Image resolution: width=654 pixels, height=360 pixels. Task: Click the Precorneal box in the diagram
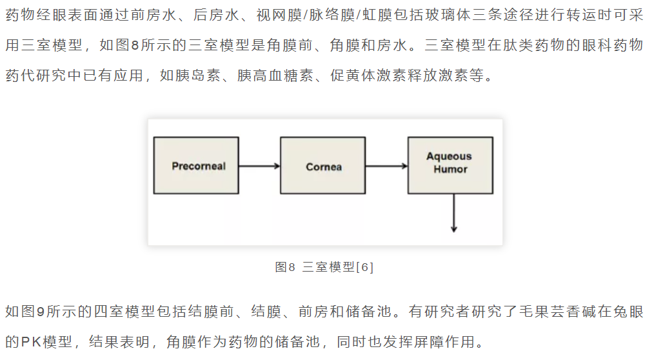(x=196, y=166)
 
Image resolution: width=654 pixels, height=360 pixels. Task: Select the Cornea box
(x=323, y=166)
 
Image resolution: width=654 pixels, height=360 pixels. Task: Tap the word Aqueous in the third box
(x=449, y=156)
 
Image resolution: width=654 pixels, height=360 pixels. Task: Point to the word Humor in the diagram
(x=450, y=169)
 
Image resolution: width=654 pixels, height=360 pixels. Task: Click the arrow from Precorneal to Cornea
(x=259, y=166)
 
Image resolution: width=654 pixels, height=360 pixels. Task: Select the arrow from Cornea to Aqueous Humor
(x=386, y=166)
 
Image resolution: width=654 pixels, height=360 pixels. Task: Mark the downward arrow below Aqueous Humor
(x=454, y=213)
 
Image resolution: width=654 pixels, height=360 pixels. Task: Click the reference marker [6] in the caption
(x=365, y=267)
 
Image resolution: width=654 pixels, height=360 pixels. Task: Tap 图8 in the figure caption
(x=285, y=267)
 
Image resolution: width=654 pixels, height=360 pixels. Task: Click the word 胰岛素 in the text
(x=198, y=75)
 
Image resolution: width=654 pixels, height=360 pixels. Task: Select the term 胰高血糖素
(x=275, y=75)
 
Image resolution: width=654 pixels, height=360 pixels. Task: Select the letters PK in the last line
(x=30, y=342)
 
